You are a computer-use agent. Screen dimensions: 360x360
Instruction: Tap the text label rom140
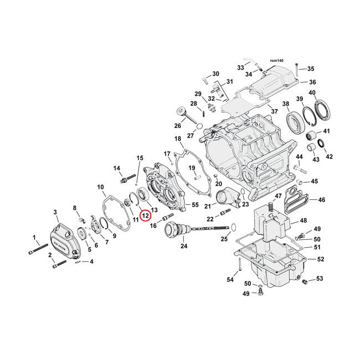click(x=276, y=60)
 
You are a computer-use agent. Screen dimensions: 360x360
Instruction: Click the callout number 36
click(x=312, y=82)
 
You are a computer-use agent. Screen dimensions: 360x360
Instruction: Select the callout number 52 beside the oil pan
click(x=320, y=259)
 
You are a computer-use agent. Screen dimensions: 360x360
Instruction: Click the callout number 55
click(x=194, y=205)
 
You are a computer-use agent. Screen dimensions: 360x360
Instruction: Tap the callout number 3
click(x=55, y=212)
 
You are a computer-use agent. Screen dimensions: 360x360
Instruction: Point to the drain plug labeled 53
click(x=304, y=283)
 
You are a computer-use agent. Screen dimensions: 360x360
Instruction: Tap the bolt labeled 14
click(x=124, y=179)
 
